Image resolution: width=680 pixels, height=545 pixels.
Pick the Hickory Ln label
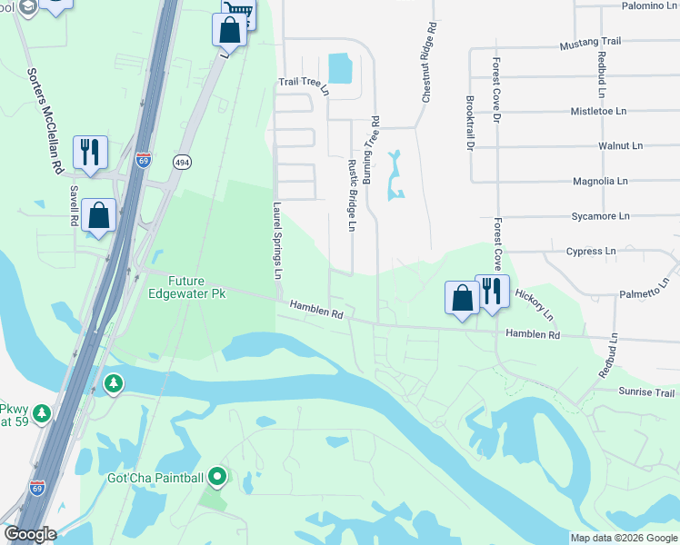[534, 305]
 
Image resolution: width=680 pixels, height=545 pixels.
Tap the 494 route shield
[184, 161]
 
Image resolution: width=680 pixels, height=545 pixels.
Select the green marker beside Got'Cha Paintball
[216, 475]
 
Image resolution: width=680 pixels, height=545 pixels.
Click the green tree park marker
[113, 384]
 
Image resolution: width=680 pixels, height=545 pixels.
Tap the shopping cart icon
[239, 11]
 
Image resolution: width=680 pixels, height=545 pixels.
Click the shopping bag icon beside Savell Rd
[98, 215]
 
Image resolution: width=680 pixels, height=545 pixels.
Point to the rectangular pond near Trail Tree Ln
[340, 68]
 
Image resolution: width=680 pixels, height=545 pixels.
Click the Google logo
[30, 534]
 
